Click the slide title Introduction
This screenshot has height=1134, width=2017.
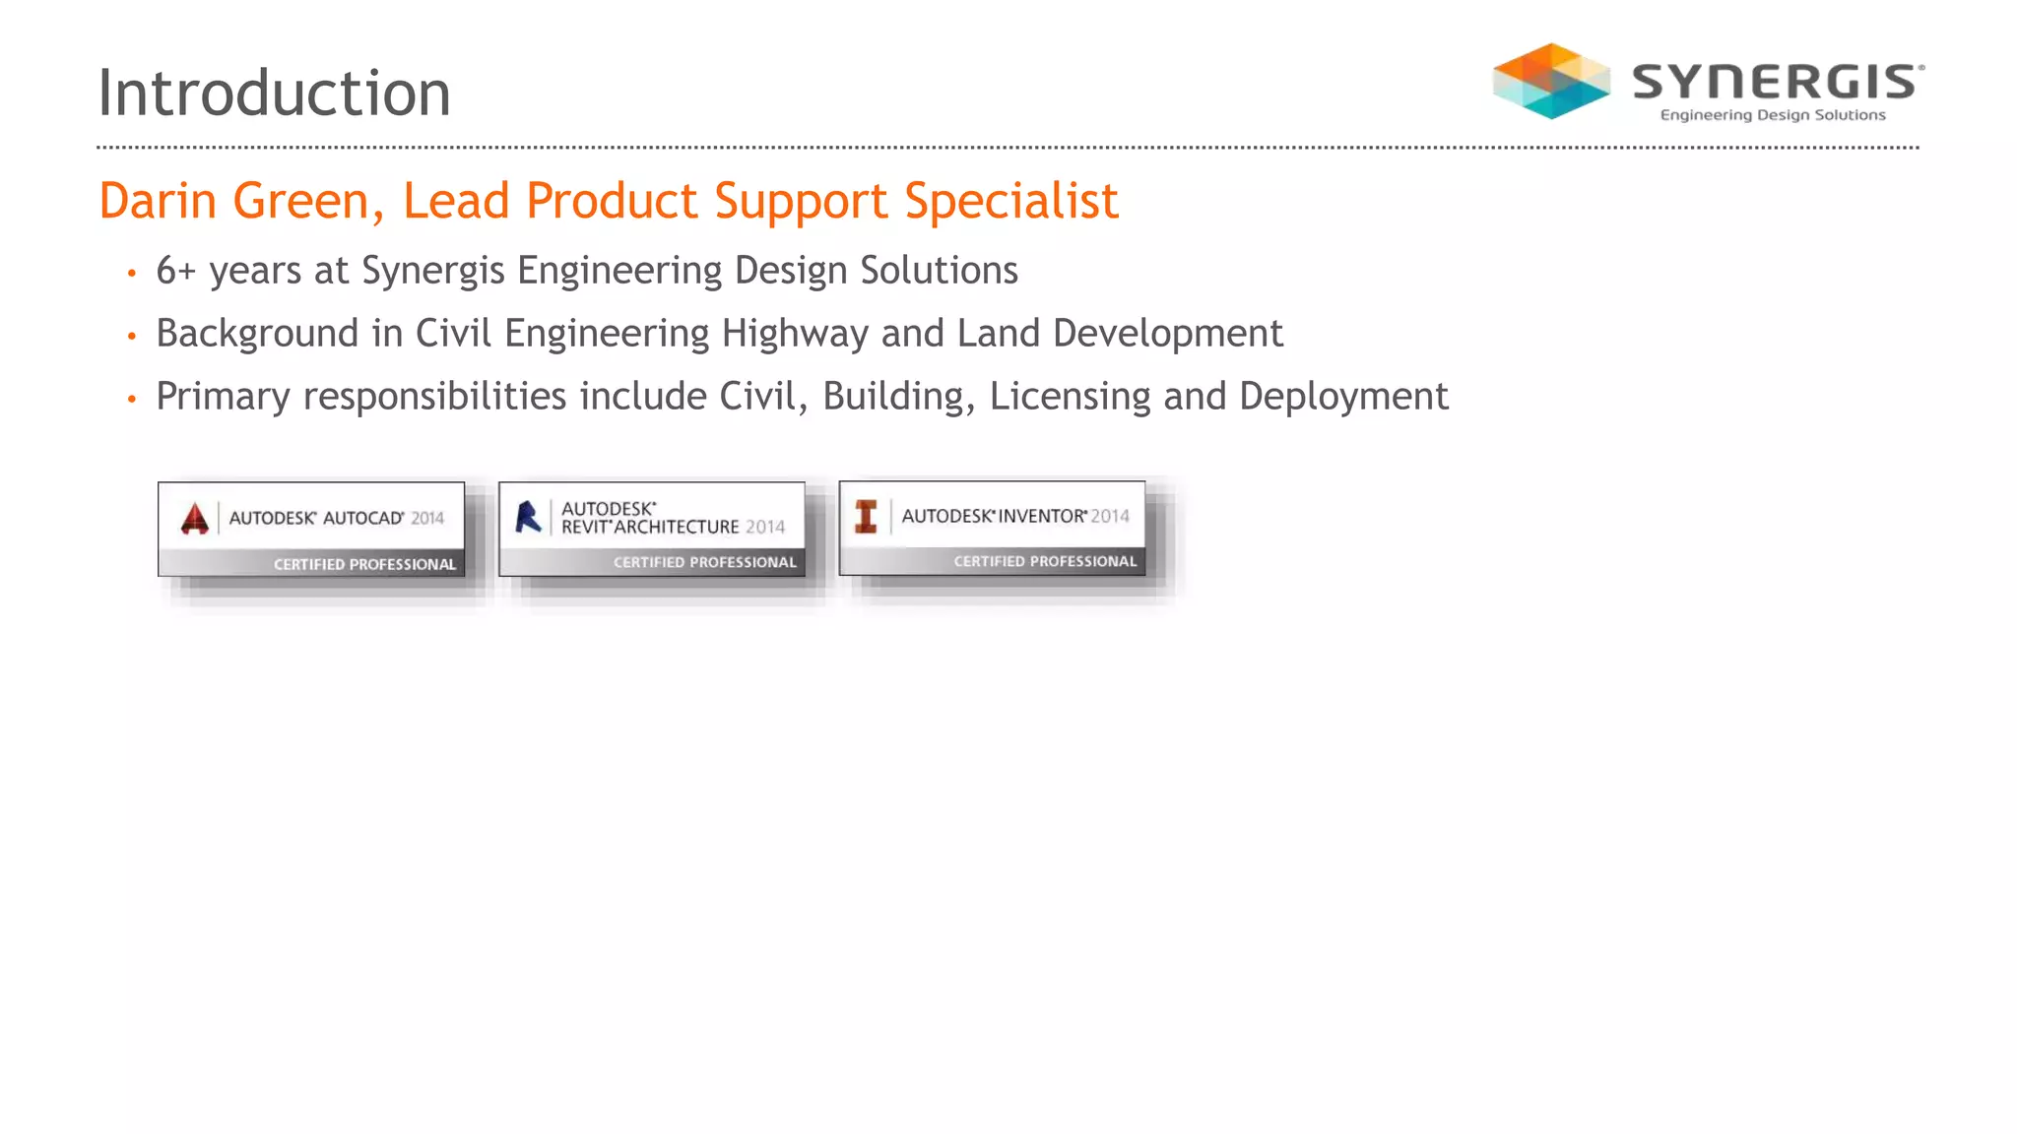274,94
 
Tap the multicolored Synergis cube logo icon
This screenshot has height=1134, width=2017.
1551,81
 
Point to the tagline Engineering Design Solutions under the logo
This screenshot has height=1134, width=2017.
1773,115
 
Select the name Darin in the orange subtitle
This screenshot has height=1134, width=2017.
158,201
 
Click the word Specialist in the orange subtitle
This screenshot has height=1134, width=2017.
1011,201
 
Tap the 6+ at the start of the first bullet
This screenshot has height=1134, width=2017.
176,271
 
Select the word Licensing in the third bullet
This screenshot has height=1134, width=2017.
1070,397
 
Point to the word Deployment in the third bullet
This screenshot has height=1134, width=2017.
1343,397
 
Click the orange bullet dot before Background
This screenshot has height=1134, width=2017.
131,337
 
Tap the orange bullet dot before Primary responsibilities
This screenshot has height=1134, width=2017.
131,400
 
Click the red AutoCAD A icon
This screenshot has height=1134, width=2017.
195,518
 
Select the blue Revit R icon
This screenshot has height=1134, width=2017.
528,517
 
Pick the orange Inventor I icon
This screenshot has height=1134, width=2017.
866,516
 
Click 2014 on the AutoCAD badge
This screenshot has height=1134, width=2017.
427,518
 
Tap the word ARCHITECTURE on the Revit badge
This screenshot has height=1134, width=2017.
677,527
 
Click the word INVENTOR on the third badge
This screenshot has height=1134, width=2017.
1042,516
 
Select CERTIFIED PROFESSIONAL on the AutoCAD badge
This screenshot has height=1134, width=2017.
364,564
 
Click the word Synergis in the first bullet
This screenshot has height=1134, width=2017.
433,271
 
